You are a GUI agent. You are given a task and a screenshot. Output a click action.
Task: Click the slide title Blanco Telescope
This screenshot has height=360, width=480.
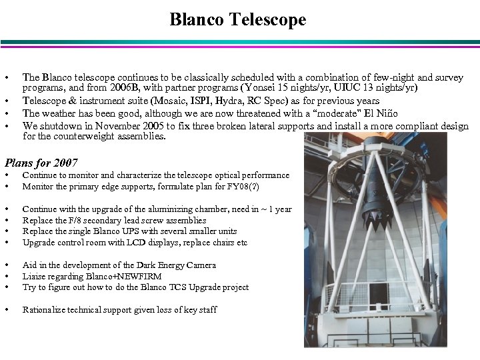238,19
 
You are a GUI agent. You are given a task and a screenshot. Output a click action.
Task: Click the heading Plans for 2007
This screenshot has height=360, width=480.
41,163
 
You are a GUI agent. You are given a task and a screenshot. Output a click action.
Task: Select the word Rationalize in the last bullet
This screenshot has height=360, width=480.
44,310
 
